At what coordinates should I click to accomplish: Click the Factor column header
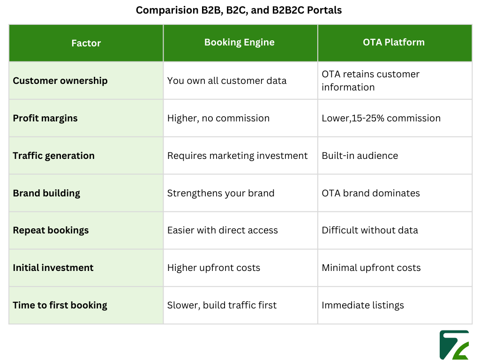86,43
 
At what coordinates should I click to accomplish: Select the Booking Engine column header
239,42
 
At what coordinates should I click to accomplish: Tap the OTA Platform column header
394,42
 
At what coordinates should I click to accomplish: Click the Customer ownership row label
60,81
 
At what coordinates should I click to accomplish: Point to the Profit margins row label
45,118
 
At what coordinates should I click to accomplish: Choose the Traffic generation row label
53,156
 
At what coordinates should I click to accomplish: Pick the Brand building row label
46,193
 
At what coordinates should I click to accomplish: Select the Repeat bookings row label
51,230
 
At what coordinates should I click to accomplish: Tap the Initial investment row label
53,268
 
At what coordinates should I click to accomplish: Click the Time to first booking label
60,305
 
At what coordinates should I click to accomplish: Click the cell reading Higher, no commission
218,118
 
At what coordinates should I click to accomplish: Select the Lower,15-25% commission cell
381,118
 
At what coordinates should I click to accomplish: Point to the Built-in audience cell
360,156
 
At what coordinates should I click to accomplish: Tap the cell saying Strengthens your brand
221,193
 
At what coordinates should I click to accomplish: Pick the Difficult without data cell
370,230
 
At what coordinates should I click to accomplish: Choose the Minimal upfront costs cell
371,268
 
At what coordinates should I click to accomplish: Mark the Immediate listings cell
363,305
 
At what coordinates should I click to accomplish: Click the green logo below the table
454,345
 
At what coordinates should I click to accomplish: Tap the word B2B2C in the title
288,10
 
